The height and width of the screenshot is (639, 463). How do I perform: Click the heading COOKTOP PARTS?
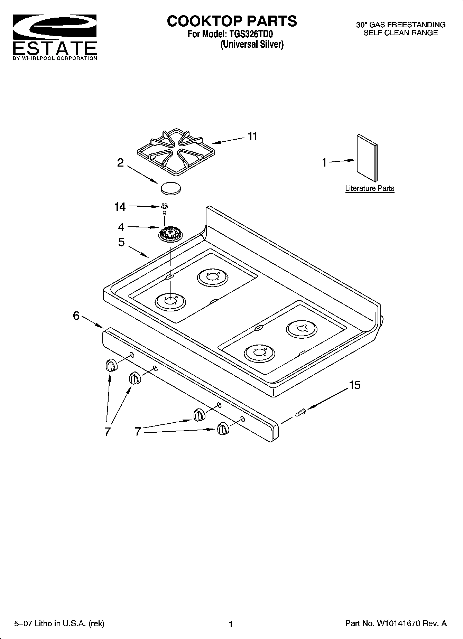click(232, 21)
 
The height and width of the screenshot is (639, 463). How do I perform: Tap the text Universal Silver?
click(252, 45)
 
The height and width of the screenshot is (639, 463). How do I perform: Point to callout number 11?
click(253, 137)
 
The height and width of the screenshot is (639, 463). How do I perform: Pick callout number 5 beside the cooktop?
click(121, 242)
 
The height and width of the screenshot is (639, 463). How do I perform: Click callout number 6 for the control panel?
click(76, 316)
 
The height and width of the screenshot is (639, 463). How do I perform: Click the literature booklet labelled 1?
click(367, 158)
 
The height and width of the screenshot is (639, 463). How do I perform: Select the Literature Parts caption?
click(370, 188)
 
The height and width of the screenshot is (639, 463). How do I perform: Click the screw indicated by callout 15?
click(300, 412)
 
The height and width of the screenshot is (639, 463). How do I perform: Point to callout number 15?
click(355, 385)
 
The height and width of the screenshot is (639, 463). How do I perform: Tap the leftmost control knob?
click(111, 366)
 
